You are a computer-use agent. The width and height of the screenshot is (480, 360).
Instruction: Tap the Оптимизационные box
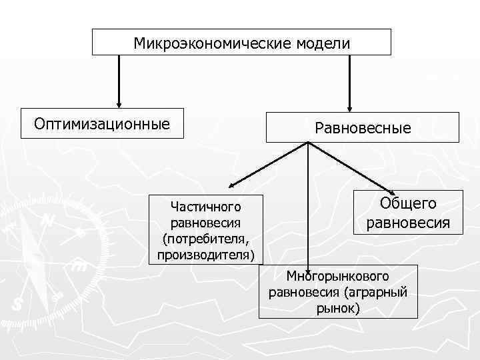click(102, 123)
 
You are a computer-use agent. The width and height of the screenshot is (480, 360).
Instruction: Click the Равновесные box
click(363, 127)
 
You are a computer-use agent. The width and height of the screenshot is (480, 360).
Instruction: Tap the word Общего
click(408, 204)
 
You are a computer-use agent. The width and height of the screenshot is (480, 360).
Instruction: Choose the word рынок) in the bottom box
click(338, 308)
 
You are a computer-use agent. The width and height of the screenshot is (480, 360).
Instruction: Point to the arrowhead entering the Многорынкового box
click(308, 265)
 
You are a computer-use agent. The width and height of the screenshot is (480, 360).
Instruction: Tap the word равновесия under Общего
click(408, 222)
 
